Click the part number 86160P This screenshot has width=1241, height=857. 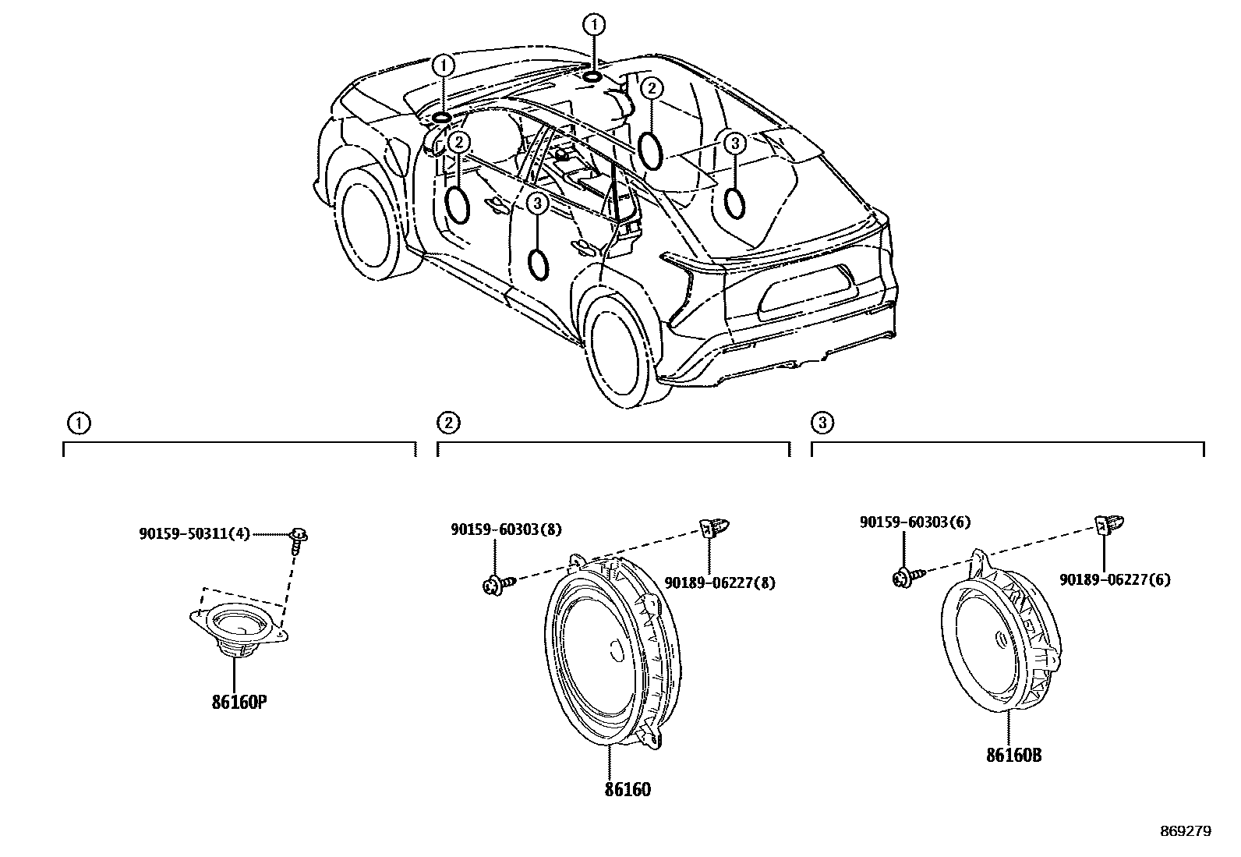[x=239, y=702]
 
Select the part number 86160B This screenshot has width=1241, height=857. [x=1014, y=755]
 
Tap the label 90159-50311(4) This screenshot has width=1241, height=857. [x=195, y=534]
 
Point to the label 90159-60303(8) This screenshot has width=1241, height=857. [x=505, y=529]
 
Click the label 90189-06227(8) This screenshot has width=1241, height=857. [x=719, y=582]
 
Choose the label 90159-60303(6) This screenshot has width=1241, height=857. [x=914, y=522]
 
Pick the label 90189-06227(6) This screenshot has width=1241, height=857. [x=1115, y=579]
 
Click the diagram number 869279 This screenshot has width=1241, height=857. [x=1186, y=831]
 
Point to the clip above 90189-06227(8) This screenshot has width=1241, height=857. [x=710, y=528]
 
